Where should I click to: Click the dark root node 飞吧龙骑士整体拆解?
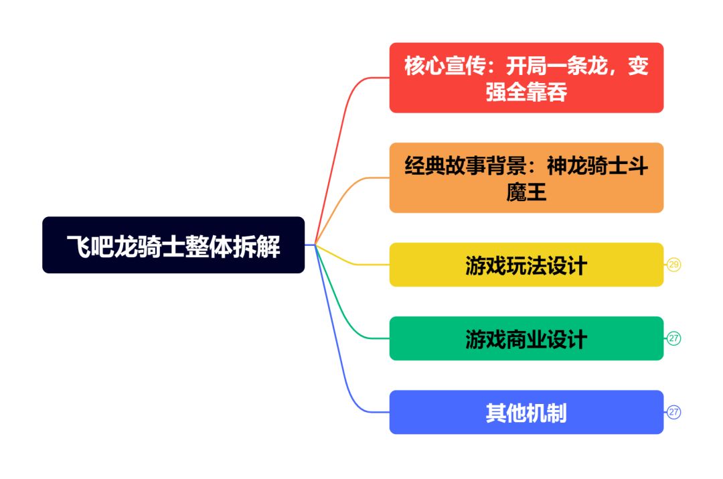tap(173, 245)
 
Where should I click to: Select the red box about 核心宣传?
tap(527, 78)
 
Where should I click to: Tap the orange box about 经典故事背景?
tap(527, 178)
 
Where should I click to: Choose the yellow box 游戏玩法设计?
tap(527, 265)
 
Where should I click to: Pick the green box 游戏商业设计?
tap(527, 338)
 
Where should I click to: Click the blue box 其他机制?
tap(527, 412)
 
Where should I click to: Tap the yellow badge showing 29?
tap(673, 265)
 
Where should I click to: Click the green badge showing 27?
tap(673, 338)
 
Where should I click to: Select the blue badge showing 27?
tap(673, 412)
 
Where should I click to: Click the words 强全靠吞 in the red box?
tap(527, 91)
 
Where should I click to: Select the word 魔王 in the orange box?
tap(527, 192)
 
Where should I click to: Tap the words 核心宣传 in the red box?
tap(445, 66)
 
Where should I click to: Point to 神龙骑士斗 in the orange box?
tap(598, 165)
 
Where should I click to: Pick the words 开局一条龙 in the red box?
tap(557, 66)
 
